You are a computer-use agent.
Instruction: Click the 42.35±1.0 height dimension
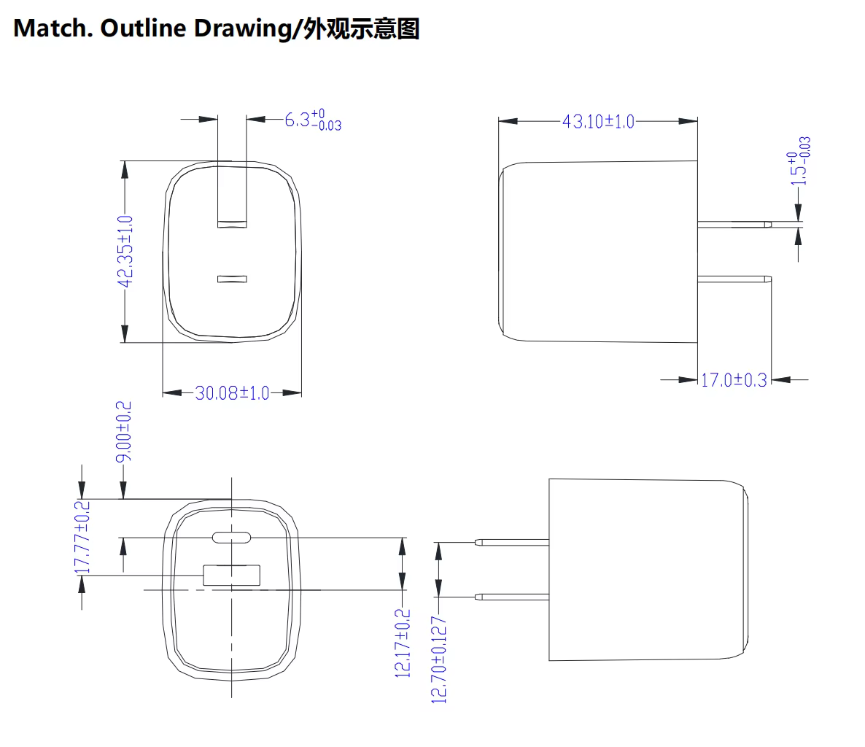125,252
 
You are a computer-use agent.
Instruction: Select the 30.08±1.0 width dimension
232,392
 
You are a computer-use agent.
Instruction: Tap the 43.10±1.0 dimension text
599,121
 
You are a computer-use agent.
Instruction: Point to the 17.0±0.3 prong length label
734,380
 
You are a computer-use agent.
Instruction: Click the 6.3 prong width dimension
313,120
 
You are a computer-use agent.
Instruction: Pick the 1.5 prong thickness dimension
799,161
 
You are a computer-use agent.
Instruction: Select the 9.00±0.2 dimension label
123,431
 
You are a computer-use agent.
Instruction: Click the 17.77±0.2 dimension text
82,538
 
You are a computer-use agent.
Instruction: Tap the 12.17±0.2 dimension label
403,643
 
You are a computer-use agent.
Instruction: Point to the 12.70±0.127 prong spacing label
438,660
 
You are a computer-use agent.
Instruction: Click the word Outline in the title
143,28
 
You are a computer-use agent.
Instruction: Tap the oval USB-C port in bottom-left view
232,538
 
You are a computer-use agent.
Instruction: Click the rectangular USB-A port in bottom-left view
232,575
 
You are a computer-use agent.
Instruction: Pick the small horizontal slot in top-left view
232,279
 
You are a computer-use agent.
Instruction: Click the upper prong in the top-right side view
734,225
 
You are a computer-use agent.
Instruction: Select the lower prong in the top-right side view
734,279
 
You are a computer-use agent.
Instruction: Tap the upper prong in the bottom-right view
512,542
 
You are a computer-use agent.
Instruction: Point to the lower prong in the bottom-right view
512,597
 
